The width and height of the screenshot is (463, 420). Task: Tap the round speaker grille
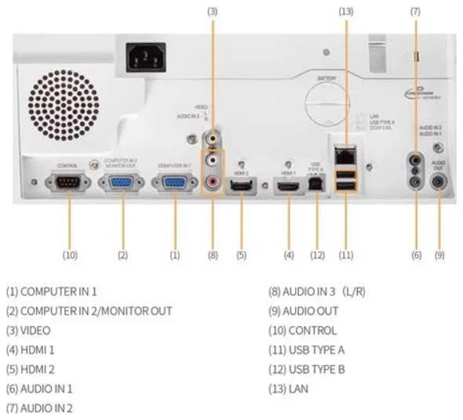(x=65, y=105)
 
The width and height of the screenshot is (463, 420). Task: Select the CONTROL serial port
(x=69, y=183)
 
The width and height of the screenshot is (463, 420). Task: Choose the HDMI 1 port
(x=288, y=187)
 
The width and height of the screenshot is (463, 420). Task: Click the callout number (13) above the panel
(x=345, y=11)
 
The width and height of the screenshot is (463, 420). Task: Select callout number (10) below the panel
(x=69, y=255)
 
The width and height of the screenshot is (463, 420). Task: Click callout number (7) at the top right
(x=415, y=11)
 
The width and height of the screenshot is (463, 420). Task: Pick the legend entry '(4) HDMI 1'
(x=36, y=349)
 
